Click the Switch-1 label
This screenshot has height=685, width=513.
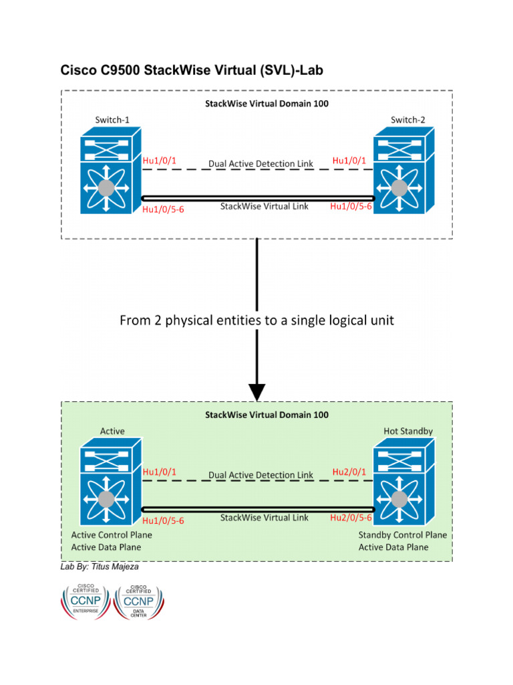coord(112,120)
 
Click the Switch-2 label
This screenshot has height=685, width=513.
coord(407,120)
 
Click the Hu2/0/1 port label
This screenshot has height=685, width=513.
coord(349,472)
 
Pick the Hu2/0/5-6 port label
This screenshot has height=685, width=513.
coord(351,517)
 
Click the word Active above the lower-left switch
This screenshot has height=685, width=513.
coord(112,431)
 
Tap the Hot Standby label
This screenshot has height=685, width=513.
coord(408,431)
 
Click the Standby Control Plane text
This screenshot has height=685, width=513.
coord(403,535)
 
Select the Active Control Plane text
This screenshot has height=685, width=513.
coord(112,535)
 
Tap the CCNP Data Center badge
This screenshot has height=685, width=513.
coord(138,602)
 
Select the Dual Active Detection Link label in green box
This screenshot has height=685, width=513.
coord(261,475)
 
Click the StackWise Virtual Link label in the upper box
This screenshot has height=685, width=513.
coord(265,206)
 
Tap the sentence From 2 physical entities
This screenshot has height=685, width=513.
coord(256,320)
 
